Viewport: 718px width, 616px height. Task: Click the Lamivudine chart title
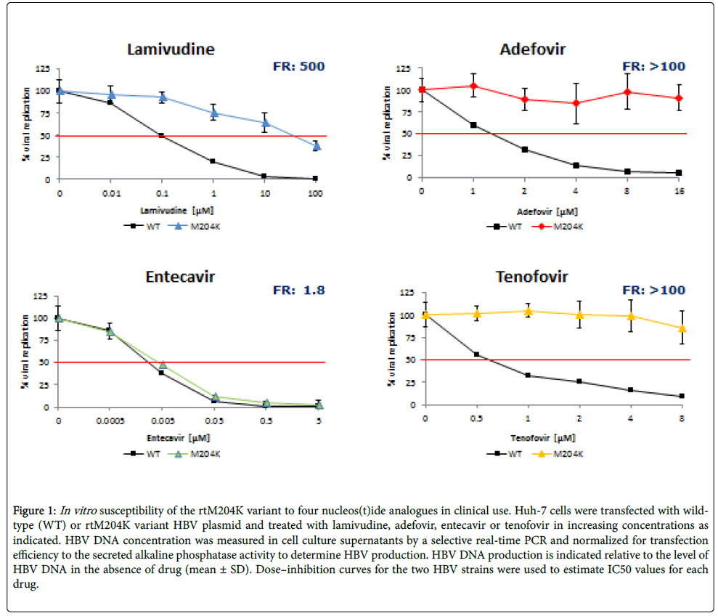171,49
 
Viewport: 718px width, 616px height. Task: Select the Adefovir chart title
533,49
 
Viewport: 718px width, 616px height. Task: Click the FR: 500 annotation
293,67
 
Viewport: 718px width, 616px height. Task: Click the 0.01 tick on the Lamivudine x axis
110,193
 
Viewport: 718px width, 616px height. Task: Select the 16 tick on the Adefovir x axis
679,191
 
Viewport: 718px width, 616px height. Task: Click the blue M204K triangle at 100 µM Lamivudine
317,146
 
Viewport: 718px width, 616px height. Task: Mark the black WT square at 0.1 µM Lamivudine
162,136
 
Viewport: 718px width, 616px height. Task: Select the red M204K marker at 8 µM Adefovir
627,92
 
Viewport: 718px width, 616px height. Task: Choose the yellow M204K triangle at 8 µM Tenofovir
682,328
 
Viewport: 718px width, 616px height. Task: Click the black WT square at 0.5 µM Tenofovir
477,354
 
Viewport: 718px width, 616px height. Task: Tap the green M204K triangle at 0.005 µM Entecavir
163,365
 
